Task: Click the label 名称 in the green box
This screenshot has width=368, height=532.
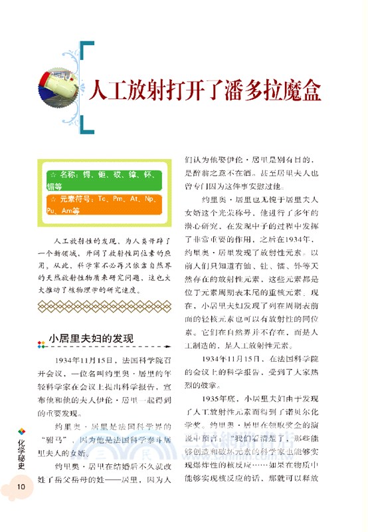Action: click(68, 174)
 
